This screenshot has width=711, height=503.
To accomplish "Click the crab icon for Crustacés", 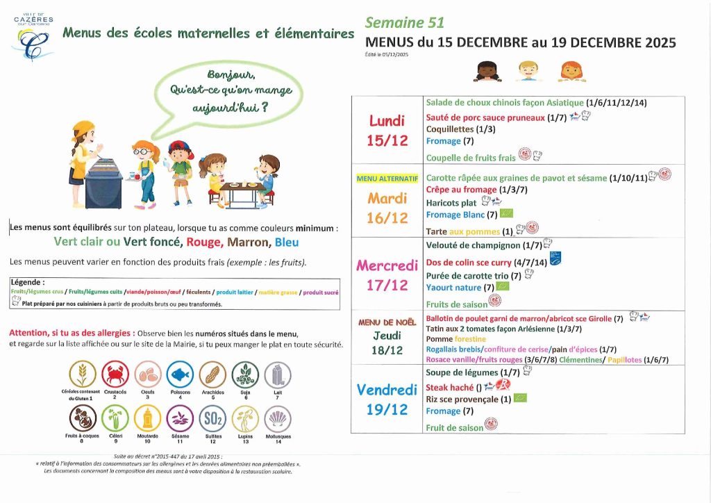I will pos(115,375).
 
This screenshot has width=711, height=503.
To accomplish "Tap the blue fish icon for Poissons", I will pos(179,375).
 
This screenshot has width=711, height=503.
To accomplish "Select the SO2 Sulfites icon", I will pos(212,418).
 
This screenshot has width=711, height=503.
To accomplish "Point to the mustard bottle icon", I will pos(147,418).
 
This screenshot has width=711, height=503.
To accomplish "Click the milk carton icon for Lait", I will pos(276,375).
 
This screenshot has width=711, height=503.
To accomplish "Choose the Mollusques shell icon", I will pos(276,418).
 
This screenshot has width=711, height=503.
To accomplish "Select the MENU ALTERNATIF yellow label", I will pos(387,179).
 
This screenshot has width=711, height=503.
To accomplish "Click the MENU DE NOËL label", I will pos(387,322).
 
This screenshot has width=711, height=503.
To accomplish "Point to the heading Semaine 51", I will pos(405,23).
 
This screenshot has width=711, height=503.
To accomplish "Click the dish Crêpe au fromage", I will pos(461,190).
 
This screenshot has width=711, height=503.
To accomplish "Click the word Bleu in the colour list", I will pos(287,242).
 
